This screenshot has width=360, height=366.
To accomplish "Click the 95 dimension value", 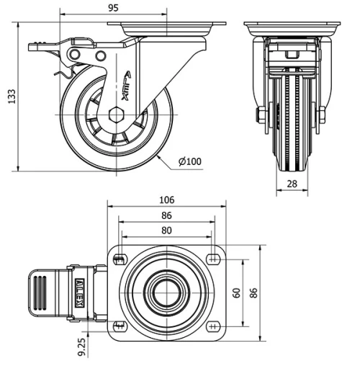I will [113, 8].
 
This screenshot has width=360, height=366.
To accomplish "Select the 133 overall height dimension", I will [11, 97].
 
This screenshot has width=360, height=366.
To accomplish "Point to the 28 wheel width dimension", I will [293, 184].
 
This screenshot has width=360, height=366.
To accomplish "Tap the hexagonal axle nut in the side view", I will [117, 114].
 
